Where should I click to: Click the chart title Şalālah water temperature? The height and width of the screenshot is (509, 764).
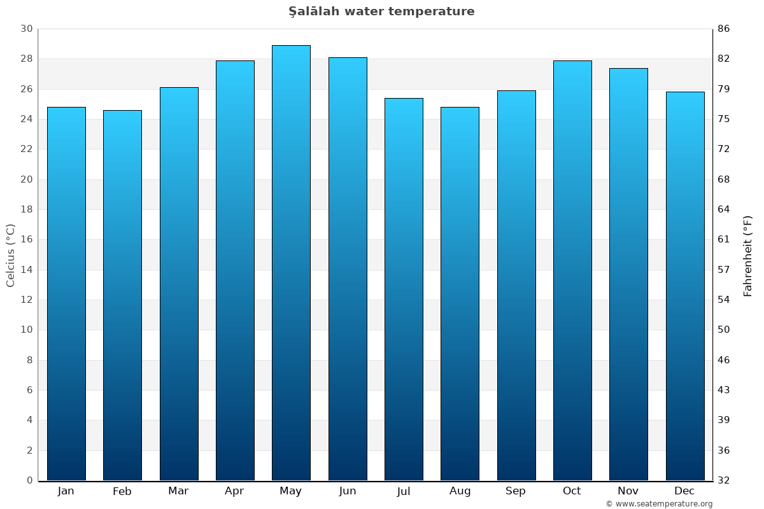tap(381, 11)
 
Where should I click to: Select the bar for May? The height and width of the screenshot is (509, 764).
tap(291, 263)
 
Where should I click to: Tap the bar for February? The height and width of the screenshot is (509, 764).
tap(122, 295)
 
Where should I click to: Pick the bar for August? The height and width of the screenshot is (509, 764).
tap(460, 293)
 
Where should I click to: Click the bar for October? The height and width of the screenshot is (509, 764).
tap(572, 270)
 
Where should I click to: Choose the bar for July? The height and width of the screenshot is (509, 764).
tap(404, 289)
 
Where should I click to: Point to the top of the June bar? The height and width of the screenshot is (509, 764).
tap(348, 59)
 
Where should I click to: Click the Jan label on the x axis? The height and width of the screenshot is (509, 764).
tap(66, 491)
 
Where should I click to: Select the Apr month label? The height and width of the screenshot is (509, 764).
tap(234, 491)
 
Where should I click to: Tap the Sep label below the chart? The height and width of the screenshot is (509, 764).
tap(516, 491)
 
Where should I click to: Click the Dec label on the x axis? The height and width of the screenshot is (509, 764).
tap(684, 491)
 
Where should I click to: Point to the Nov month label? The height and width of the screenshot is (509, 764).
tap(628, 491)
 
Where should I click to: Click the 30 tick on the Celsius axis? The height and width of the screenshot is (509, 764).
tap(26, 29)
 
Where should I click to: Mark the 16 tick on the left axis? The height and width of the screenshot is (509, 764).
tap(26, 240)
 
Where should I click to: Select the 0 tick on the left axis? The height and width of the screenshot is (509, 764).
tap(29, 480)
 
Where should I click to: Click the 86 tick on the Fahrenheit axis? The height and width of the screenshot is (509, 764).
tap(724, 29)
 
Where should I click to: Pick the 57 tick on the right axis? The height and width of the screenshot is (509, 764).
tap(724, 270)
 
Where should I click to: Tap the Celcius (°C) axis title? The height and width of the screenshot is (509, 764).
tap(10, 254)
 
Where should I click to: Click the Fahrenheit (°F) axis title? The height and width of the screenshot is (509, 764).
tap(748, 256)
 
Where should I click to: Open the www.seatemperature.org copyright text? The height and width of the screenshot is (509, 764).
tap(659, 504)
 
